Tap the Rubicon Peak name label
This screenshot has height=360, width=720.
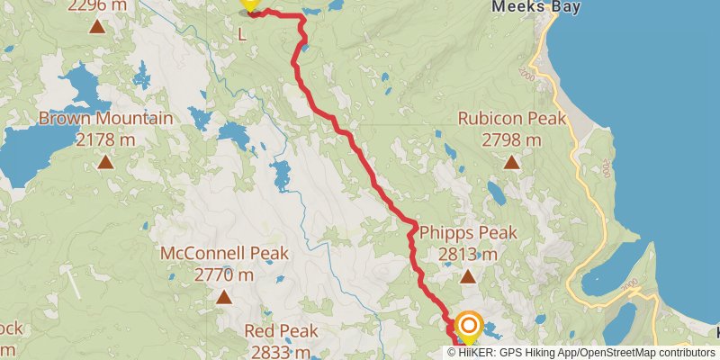pyautogui.click(x=511, y=119)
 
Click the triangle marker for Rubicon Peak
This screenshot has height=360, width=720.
pyautogui.click(x=511, y=163)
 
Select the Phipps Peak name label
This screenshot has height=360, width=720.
pyautogui.click(x=468, y=233)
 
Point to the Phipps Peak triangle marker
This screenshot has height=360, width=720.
pyautogui.click(x=468, y=277)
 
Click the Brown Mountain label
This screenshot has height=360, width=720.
pyautogui.click(x=105, y=119)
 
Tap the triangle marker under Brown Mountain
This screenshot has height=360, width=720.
pyautogui.click(x=105, y=162)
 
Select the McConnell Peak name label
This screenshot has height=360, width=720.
pyautogui.click(x=222, y=254)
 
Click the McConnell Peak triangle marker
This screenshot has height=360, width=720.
pyautogui.click(x=222, y=296)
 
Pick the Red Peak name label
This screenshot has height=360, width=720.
pyautogui.click(x=282, y=331)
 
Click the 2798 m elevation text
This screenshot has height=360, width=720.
pyautogui.click(x=511, y=139)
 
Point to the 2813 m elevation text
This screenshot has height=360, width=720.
pyautogui.click(x=468, y=255)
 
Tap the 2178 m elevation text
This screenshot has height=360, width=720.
pyautogui.click(x=105, y=139)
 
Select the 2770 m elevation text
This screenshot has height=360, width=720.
pyautogui.click(x=222, y=274)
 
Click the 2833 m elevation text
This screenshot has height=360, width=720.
pyautogui.click(x=282, y=352)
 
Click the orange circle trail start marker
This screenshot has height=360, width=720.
pyautogui.click(x=469, y=326)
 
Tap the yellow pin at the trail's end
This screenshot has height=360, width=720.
pyautogui.click(x=249, y=4)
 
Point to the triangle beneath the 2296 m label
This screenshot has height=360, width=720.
pyautogui.click(x=97, y=25)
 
